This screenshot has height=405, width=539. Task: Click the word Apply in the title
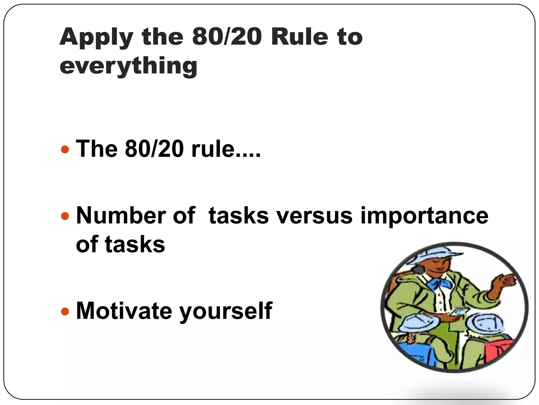tap(96, 37)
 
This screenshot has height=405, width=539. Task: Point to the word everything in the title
tap(128, 66)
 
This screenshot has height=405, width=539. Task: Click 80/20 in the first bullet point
tap(154, 149)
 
